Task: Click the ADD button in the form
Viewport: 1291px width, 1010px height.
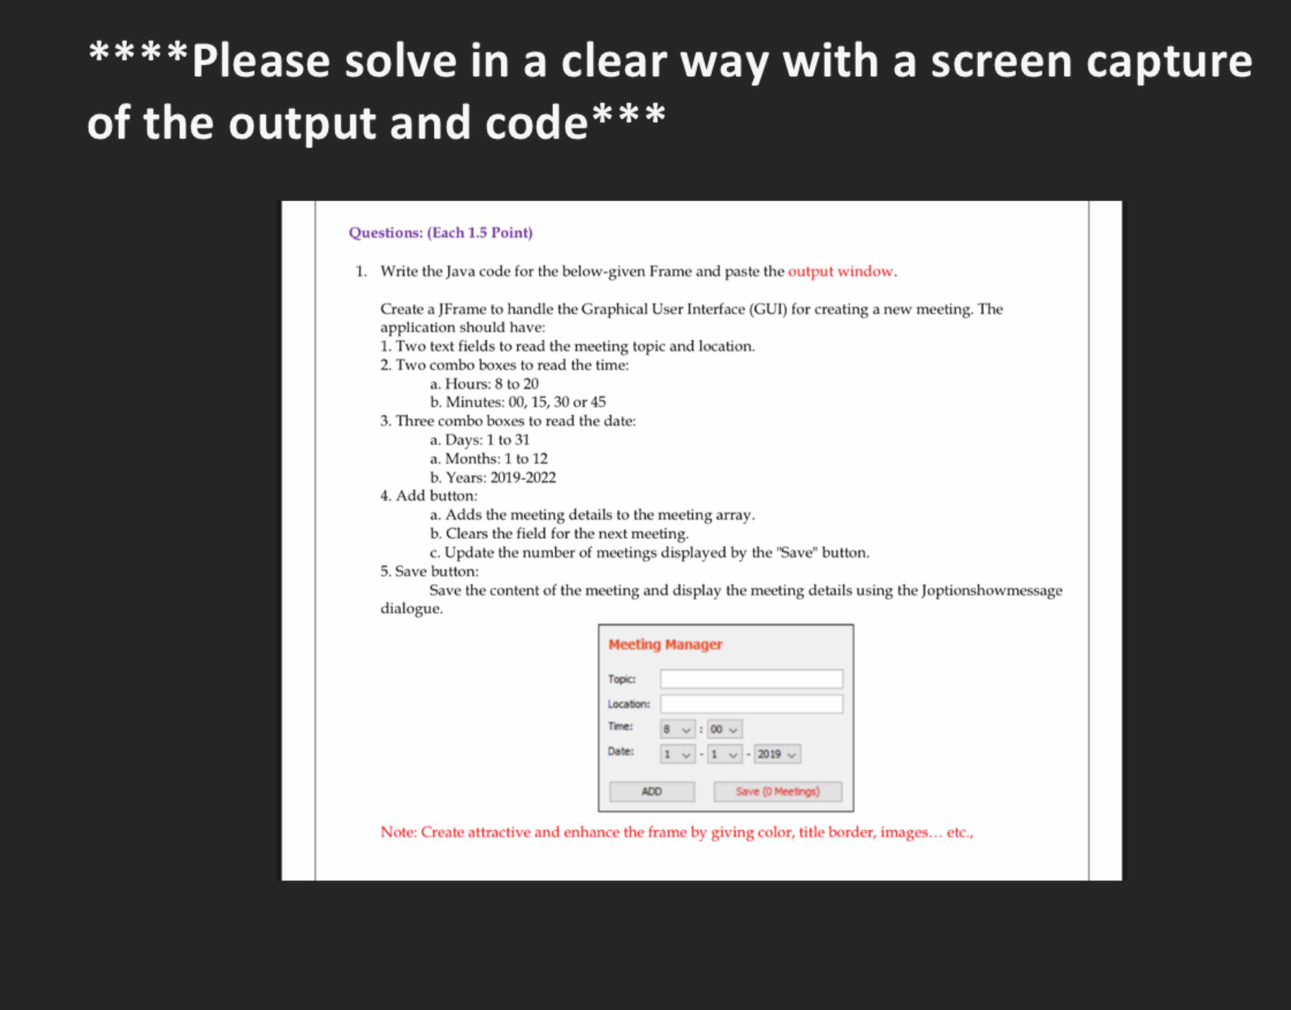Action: [651, 791]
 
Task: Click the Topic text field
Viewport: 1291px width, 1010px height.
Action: [751, 679]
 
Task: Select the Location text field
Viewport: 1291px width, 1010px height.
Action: [751, 704]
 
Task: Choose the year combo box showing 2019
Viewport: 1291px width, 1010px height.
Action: [777, 754]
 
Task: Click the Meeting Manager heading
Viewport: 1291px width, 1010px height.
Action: [665, 644]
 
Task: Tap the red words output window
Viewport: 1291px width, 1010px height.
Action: [840, 272]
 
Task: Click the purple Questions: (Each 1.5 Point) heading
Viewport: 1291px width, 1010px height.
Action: [440, 232]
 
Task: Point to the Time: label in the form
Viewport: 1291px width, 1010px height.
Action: [620, 726]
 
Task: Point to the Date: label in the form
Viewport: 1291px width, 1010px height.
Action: [621, 752]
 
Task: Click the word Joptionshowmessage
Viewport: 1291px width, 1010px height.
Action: [991, 590]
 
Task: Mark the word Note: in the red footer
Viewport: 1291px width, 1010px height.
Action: [399, 832]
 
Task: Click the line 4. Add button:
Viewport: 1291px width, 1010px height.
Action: [428, 495]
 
